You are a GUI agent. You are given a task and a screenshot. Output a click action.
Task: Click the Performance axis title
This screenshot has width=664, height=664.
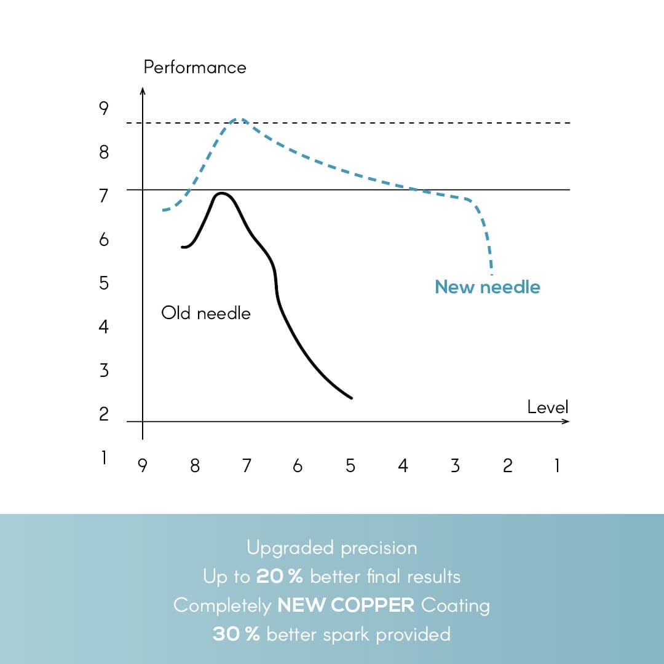point(194,67)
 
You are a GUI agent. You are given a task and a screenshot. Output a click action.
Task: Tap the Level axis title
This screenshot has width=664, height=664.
point(548,407)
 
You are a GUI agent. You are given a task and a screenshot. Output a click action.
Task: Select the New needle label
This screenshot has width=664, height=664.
point(487,287)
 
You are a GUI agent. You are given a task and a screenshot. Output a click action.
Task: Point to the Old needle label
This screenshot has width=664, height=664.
point(206,314)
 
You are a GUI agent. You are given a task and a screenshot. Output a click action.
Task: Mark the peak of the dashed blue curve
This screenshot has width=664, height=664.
point(240,119)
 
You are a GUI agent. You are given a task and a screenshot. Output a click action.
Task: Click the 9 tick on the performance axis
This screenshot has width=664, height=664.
point(103,109)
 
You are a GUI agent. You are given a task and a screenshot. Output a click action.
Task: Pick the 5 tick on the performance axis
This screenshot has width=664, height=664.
point(103,283)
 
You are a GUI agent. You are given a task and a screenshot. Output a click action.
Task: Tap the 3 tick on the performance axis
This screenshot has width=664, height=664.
point(103,370)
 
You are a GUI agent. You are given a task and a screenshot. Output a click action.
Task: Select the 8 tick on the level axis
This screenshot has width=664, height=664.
point(195,466)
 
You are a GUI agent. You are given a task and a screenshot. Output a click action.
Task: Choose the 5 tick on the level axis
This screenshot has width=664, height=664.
point(350,466)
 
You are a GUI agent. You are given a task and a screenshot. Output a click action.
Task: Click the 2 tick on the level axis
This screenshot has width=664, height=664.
point(507,466)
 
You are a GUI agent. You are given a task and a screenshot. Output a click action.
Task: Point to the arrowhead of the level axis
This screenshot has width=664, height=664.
point(566,421)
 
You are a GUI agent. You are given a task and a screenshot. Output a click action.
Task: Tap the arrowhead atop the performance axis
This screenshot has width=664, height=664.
point(143,91)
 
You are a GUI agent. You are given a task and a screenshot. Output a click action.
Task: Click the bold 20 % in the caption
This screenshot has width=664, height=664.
point(280,577)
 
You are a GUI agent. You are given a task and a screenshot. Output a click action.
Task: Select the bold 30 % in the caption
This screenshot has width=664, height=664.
point(236,634)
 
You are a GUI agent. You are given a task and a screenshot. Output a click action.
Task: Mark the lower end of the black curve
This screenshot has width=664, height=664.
point(351,398)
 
